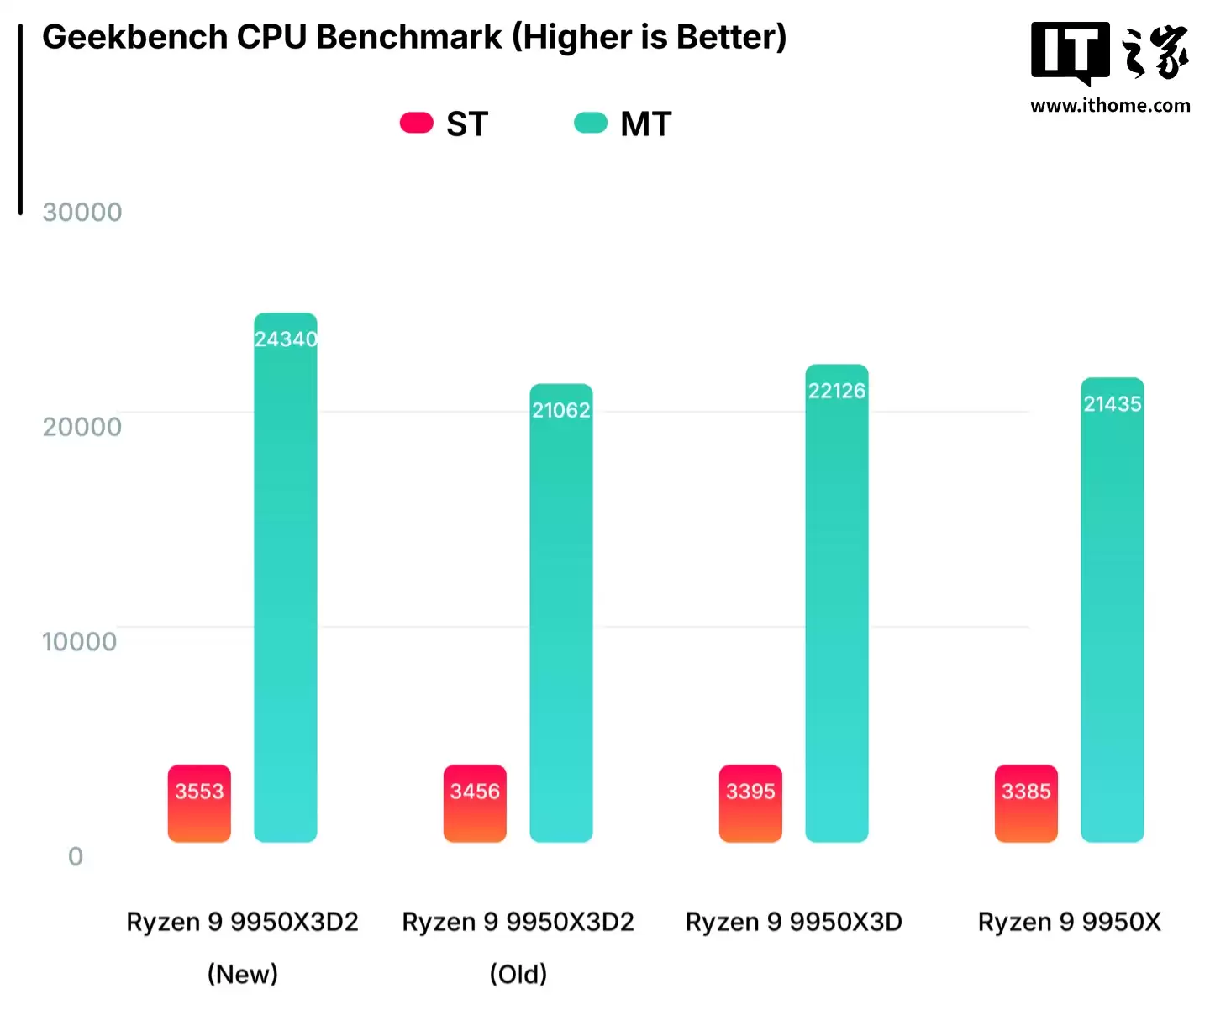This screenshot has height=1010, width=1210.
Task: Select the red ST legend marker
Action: (416, 123)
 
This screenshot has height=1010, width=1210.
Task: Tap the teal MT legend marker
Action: (590, 123)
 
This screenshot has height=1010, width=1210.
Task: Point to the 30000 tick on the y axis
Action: (82, 212)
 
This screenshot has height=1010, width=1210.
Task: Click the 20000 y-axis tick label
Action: (82, 427)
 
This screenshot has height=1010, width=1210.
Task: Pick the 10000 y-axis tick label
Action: (80, 642)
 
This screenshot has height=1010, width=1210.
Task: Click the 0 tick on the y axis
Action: (76, 856)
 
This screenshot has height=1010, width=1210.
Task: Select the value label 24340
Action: (286, 339)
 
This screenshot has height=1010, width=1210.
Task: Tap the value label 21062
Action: (561, 410)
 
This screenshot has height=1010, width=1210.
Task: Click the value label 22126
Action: (837, 391)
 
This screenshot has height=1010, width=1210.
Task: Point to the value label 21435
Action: (1113, 404)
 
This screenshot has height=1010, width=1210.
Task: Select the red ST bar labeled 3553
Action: (199, 803)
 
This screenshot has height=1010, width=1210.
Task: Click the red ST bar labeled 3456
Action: (475, 803)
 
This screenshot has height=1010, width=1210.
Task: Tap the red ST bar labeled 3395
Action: (750, 803)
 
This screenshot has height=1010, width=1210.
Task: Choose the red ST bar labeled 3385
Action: (1026, 803)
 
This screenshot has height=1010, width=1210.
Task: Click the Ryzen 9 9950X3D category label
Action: (793, 923)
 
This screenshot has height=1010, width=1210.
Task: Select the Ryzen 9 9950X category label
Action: (1069, 923)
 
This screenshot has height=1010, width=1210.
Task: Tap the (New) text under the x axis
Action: (243, 975)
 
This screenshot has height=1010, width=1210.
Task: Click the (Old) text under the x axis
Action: (518, 975)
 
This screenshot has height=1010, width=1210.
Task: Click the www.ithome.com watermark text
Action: (1110, 106)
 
